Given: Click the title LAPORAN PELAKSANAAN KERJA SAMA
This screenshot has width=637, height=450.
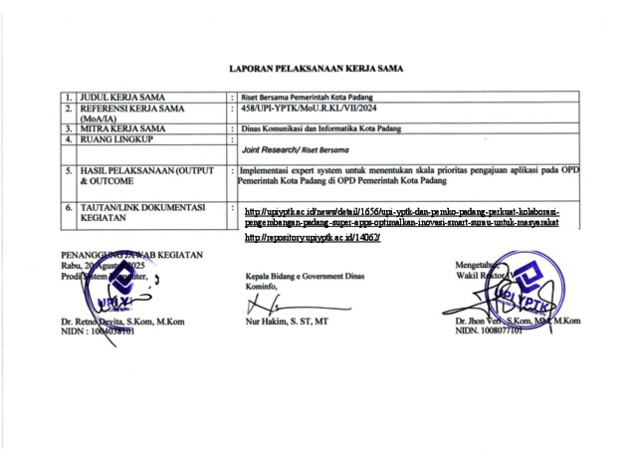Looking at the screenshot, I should (317, 69).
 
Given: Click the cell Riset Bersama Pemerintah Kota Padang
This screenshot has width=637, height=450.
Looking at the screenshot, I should (297, 98).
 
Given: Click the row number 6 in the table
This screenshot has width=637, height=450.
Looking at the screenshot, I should (69, 208).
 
